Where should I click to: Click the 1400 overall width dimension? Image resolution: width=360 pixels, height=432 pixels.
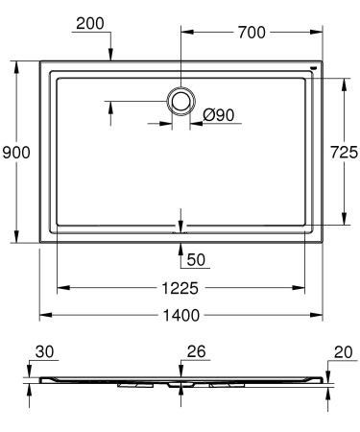pos(180,315)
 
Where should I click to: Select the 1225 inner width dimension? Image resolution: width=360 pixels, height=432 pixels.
pos(180,286)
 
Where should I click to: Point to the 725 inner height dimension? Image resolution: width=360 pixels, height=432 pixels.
pos(344,152)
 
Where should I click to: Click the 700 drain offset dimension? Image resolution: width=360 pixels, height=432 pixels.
pos(251,33)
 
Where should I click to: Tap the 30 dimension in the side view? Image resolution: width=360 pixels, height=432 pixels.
pos(45,352)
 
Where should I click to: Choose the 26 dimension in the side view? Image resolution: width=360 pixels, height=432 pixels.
pos(196,352)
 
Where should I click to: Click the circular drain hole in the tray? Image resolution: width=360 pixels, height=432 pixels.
pos(180,100)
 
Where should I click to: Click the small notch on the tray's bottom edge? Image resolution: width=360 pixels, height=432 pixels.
pos(180,230)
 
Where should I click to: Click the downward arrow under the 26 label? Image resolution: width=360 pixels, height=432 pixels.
pos(180,371)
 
